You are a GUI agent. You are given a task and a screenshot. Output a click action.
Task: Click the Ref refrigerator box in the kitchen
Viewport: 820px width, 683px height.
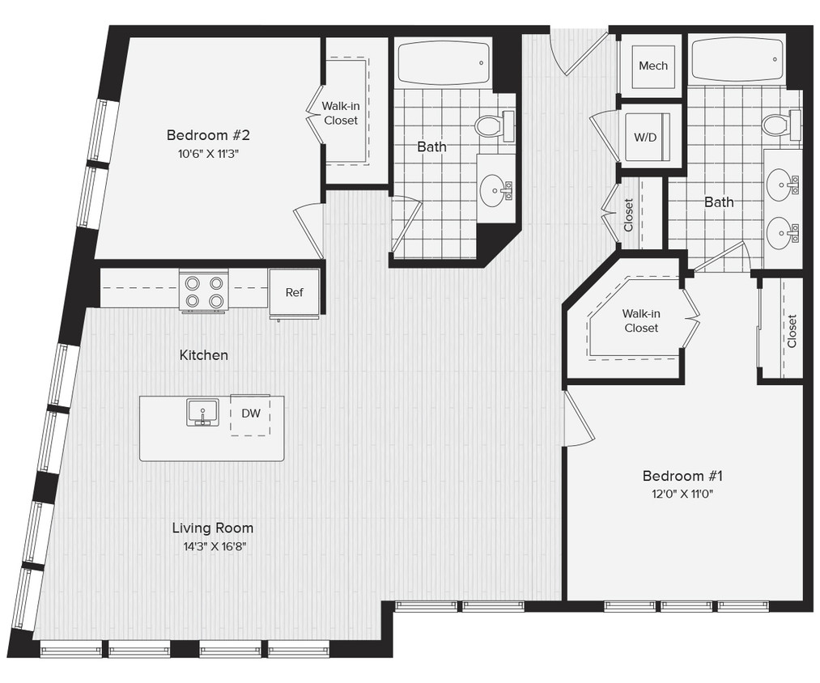click(x=294, y=292)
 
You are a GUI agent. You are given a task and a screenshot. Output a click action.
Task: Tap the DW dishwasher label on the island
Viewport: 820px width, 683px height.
click(x=251, y=414)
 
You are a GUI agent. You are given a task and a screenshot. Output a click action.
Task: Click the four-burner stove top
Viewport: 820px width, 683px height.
click(x=204, y=292)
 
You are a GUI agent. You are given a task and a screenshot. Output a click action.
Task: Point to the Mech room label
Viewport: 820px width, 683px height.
click(x=652, y=66)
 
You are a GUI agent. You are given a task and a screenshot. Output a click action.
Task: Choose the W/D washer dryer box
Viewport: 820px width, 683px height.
click(x=645, y=137)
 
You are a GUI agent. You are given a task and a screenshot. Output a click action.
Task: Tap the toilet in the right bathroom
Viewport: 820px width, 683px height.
click(x=778, y=124)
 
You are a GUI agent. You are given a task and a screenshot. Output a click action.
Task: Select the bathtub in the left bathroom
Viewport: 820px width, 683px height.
click(x=443, y=62)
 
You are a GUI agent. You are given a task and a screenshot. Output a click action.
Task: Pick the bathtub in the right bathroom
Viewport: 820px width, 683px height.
click(x=737, y=58)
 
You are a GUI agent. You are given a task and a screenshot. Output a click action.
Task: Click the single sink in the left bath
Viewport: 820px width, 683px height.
click(x=494, y=191)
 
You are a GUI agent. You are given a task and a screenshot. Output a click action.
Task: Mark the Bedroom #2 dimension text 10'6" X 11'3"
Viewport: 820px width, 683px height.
click(x=204, y=152)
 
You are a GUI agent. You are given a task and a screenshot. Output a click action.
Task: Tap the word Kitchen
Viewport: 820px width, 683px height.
click(x=203, y=354)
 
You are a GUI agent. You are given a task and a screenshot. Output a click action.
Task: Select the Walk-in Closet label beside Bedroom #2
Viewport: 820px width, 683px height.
click(x=340, y=113)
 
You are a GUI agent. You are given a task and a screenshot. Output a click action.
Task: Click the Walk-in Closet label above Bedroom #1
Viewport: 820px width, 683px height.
click(x=640, y=320)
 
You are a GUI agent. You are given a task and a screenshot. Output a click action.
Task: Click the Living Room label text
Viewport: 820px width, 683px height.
click(x=212, y=528)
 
